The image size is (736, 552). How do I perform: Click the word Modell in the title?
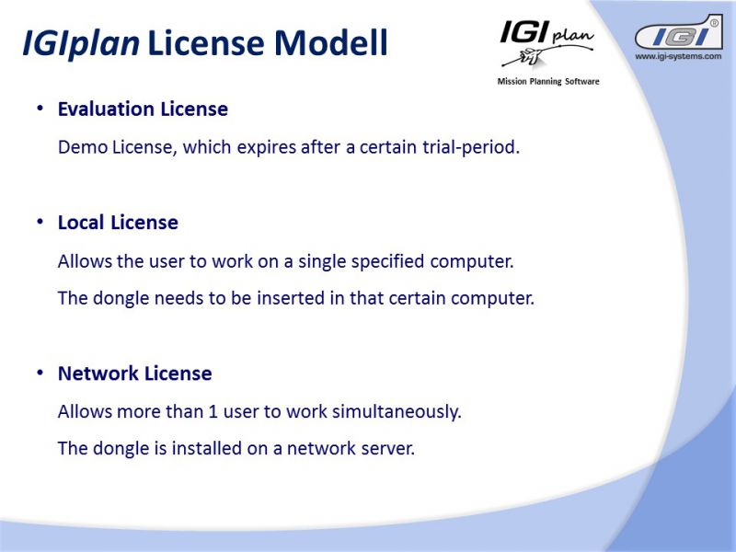(x=331, y=42)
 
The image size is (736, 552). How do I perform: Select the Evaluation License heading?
(x=143, y=109)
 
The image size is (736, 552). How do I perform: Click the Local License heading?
(x=118, y=223)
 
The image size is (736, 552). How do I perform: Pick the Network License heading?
(x=134, y=374)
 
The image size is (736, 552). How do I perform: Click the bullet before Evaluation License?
(x=40, y=108)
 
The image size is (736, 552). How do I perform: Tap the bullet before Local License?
(x=40, y=221)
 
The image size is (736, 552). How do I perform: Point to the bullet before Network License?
(x=40, y=373)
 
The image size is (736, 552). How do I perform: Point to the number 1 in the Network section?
(x=213, y=411)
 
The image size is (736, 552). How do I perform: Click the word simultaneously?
(x=397, y=412)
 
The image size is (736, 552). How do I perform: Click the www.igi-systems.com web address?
(x=678, y=56)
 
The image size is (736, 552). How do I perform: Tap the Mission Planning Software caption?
(x=548, y=82)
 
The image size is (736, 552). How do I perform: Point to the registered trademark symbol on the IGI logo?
(x=714, y=22)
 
